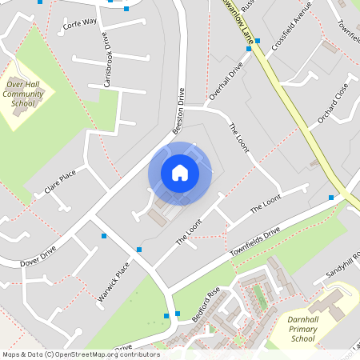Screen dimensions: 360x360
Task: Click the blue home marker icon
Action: coord(179,173)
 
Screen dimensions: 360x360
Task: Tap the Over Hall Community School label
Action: coord(29,94)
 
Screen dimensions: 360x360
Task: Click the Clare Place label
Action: coord(60,181)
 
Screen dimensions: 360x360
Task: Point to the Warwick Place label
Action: coord(114,283)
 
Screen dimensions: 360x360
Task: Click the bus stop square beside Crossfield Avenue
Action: coord(249,49)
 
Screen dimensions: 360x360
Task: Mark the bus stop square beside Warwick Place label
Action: coord(139,250)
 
